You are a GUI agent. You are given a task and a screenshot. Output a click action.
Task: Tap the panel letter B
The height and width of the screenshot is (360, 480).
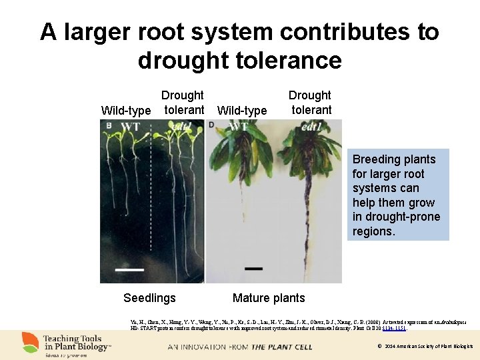(109, 125)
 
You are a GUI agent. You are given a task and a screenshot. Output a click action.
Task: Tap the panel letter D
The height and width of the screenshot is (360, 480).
(211, 125)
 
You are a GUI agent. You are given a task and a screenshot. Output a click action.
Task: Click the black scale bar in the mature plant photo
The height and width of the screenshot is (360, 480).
(253, 269)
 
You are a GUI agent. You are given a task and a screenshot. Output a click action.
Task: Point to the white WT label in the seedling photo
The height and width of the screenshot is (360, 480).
(130, 127)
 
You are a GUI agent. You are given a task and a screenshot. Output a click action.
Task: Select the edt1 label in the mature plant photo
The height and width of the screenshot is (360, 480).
(313, 127)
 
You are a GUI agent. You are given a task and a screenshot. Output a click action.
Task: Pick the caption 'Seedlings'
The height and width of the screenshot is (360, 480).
(149, 298)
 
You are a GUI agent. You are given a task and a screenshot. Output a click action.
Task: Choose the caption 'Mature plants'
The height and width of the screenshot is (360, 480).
(269, 298)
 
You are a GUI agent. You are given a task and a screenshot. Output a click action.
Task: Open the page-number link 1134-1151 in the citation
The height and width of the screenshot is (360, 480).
(393, 328)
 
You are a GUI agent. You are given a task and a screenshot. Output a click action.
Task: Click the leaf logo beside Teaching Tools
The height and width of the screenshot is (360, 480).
(30, 343)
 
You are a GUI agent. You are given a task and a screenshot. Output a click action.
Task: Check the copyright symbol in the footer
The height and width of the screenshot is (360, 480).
(379, 347)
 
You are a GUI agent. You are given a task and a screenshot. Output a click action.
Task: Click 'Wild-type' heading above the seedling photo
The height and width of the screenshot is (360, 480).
(126, 110)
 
